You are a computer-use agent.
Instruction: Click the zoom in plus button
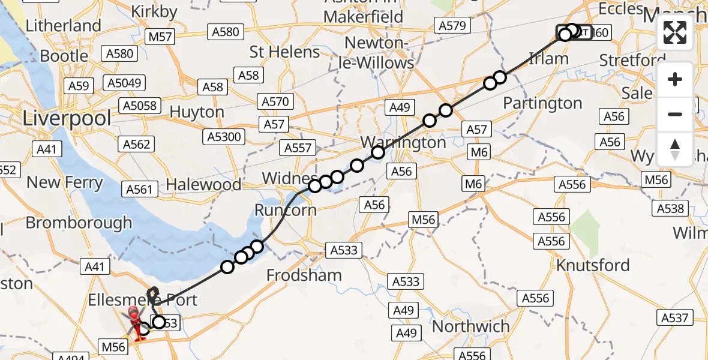tap(675, 79)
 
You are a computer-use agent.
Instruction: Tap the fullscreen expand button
tap(675, 32)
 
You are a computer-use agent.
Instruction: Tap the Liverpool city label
tap(67, 118)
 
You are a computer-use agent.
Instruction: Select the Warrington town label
tap(403, 143)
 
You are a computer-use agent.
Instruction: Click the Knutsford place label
tap(593, 265)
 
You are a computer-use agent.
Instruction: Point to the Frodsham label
tap(304, 275)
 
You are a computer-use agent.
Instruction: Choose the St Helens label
tap(284, 52)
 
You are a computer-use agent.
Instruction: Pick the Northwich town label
tap(470, 327)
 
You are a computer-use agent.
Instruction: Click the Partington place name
tap(542, 103)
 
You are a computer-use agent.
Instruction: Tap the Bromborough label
tap(79, 223)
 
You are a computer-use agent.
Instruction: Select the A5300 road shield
tap(223, 137)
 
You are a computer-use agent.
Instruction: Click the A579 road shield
tap(452, 25)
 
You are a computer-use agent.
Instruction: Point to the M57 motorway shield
tap(160, 37)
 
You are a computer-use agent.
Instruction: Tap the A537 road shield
tap(675, 317)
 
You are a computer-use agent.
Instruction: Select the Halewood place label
tap(203, 185)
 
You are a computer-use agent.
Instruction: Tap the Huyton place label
tap(197, 112)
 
